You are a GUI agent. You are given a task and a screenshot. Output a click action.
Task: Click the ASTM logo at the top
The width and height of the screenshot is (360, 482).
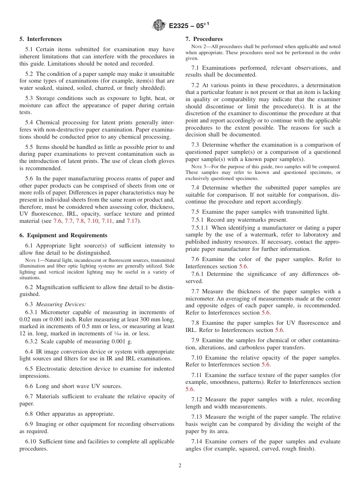159,25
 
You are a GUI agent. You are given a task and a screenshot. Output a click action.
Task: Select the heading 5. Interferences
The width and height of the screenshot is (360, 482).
41,39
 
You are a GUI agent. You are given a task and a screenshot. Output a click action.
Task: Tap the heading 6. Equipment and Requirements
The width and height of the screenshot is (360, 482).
63,235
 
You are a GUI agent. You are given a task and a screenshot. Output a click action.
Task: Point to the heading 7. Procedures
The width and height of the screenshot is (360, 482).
204,39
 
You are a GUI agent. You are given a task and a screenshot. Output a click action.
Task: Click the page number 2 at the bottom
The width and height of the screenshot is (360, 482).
180,466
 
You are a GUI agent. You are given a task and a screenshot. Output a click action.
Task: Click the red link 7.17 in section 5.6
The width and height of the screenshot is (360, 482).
133,221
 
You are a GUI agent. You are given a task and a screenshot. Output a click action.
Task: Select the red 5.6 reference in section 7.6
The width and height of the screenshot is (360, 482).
243,266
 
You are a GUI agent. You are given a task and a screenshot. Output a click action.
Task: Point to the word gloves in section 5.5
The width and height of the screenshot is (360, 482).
166,161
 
